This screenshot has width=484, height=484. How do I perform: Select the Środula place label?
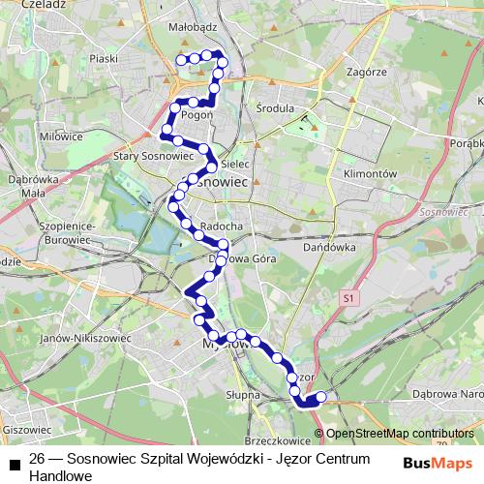pos(276,108)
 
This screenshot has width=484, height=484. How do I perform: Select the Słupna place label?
pos(243,395)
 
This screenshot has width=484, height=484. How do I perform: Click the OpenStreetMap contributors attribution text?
pos(401,434)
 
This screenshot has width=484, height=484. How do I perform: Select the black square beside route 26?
pos(14,465)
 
